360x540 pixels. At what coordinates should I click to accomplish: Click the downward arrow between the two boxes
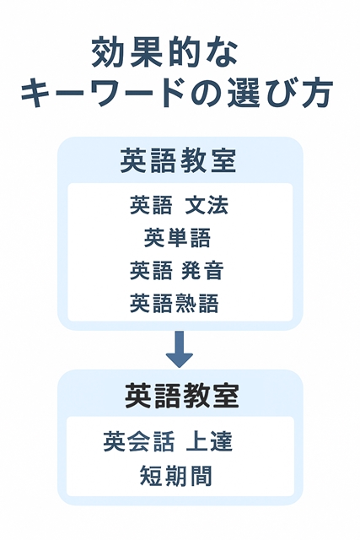(x=180, y=349)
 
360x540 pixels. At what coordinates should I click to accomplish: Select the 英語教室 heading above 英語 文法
(x=178, y=160)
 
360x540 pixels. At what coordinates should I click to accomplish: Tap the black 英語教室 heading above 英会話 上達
(x=181, y=396)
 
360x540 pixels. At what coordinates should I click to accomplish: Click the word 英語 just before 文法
(x=151, y=205)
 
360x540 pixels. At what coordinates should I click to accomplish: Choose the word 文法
(x=207, y=205)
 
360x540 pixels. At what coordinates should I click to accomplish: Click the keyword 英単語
(x=177, y=238)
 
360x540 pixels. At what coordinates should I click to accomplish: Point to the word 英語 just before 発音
(x=151, y=270)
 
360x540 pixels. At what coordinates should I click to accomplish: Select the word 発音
(x=202, y=270)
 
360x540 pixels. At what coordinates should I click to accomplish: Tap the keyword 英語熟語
(x=175, y=303)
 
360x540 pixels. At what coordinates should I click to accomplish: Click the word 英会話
(x=139, y=442)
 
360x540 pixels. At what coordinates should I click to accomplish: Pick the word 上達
(x=209, y=442)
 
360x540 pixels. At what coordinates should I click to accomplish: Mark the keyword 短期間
(x=176, y=476)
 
